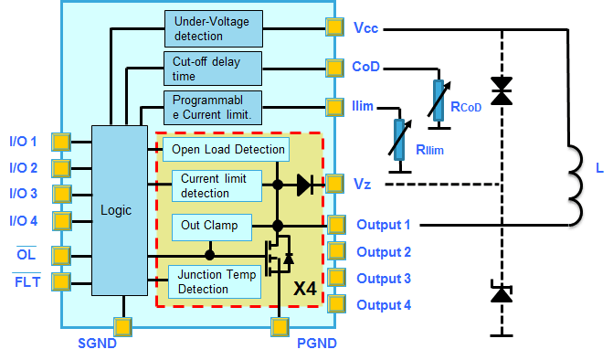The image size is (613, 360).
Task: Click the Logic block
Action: [118, 209]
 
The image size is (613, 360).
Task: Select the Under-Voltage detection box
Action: [212, 28]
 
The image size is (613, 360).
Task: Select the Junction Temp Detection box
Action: [215, 282]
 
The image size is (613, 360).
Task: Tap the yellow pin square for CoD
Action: [333, 68]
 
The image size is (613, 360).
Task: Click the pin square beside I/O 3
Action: [62, 194]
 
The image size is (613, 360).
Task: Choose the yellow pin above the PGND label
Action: [279, 325]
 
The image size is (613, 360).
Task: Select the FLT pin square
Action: [62, 281]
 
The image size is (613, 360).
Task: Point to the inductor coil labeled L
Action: [576, 183]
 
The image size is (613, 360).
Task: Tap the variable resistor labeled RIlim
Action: [399, 140]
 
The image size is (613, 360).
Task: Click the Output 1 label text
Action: [383, 225]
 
